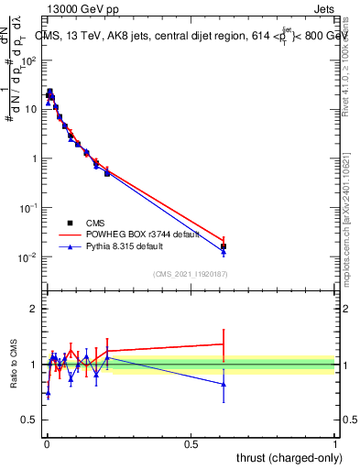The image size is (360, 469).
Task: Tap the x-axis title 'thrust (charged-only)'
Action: [287, 457]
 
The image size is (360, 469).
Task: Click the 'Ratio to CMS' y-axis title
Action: [15, 365]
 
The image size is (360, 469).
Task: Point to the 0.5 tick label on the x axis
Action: [191, 444]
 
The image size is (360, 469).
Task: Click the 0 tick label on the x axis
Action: [47, 444]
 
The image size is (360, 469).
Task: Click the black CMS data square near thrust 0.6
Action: [224, 246]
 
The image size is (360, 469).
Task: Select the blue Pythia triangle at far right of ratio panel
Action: [224, 384]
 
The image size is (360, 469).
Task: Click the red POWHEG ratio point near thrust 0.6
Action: [224, 344]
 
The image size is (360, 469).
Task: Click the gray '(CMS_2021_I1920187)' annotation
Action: [190, 274]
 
